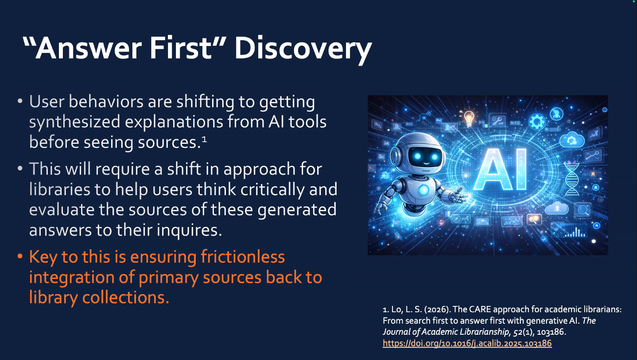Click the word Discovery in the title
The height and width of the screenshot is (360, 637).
click(303, 49)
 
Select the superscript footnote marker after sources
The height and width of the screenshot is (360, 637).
click(204, 139)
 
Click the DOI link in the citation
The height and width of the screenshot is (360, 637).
click(467, 343)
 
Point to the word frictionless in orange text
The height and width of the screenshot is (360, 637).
click(243, 256)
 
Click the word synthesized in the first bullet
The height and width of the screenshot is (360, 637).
click(74, 122)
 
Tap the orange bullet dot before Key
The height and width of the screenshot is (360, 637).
click(20, 256)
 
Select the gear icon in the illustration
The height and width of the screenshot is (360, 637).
click(536, 121)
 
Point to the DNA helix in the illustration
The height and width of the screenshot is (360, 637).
click(571, 178)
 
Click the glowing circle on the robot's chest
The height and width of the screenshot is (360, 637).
click(424, 190)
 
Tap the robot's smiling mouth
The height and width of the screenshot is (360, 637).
click(426, 163)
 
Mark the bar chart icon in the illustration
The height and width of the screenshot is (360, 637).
click(575, 232)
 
